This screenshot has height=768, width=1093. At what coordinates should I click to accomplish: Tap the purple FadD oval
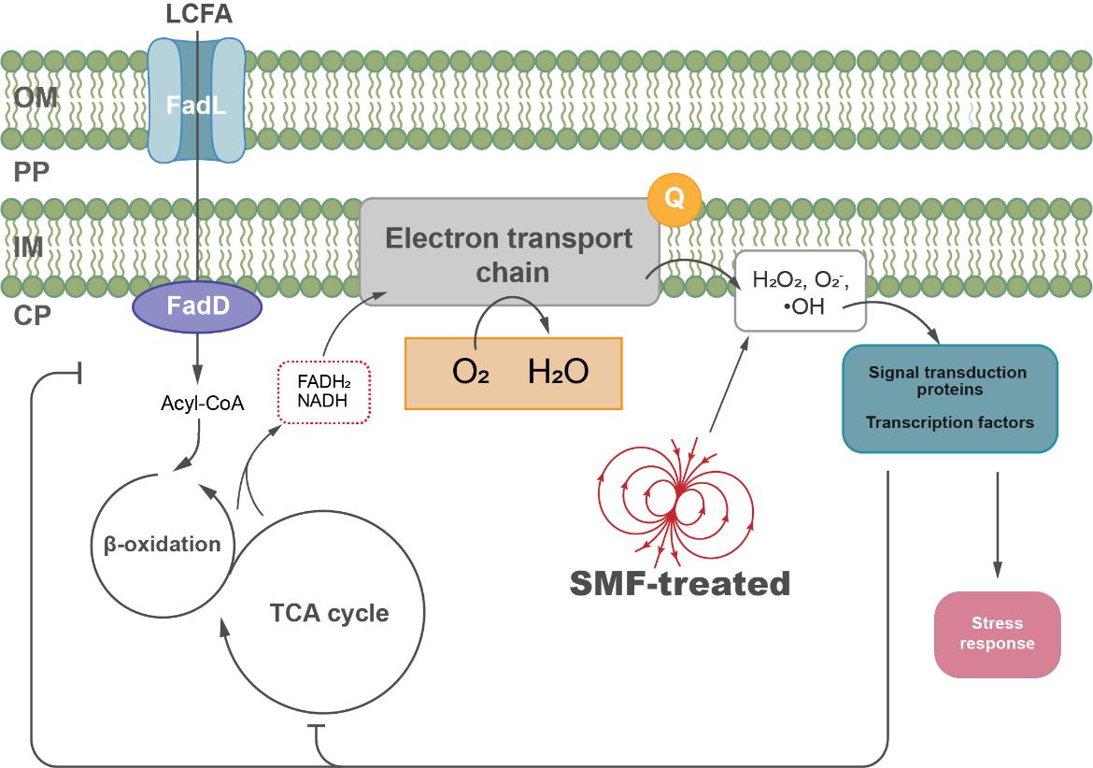pos(197,306)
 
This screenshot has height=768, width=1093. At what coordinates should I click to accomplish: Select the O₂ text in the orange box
pos(471,372)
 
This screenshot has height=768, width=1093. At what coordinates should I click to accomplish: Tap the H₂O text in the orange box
pos(558,372)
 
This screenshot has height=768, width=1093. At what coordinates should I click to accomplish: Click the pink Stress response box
pos(997,633)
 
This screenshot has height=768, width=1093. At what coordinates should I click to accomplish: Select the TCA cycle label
pos(328,614)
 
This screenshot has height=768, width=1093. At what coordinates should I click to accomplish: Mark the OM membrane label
pos(35,97)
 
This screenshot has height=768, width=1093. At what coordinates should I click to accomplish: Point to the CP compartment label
pos(34,316)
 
